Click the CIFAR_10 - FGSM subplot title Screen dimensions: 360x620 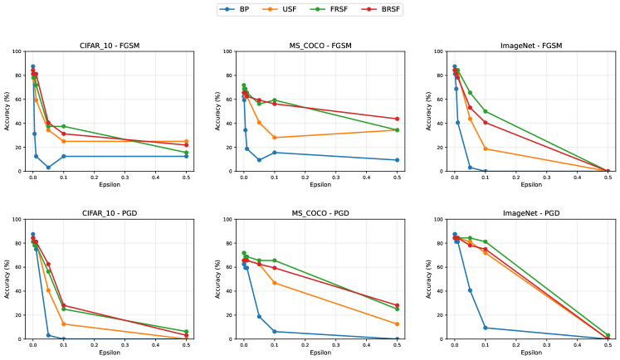coord(110,44)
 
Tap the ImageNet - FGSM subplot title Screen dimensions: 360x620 coord(531,44)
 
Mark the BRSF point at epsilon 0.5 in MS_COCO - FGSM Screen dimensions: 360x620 coord(398,119)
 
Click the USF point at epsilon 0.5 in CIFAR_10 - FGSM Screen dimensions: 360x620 coord(187,141)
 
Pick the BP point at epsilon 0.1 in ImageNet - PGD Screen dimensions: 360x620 coord(486,328)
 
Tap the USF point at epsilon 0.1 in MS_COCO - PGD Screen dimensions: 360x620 coord(275,283)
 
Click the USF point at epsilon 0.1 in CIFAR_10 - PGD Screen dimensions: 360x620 coord(64,324)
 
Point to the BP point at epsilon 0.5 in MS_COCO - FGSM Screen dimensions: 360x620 coord(398,160)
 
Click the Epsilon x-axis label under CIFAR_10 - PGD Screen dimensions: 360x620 coord(110,352)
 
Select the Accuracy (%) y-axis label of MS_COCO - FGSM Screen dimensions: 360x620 coord(218,111)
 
